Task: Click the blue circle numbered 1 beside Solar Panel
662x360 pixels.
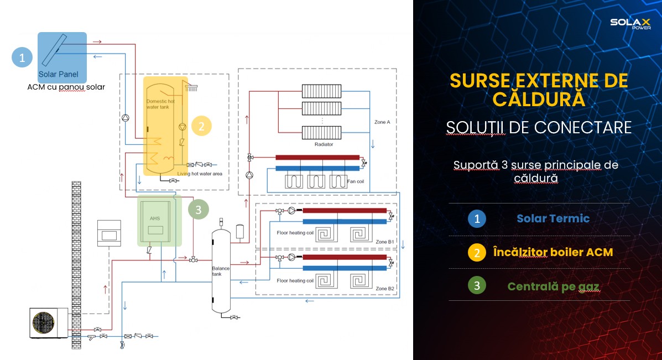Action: [x=22, y=57]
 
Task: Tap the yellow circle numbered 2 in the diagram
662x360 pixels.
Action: [x=201, y=126]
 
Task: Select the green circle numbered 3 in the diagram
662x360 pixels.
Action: [x=199, y=210]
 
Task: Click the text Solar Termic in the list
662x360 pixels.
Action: [x=553, y=218]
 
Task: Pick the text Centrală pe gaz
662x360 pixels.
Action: [x=553, y=286]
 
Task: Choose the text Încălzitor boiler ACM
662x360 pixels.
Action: [x=553, y=252]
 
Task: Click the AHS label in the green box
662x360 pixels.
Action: [x=154, y=218]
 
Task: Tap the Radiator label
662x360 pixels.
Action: [x=324, y=144]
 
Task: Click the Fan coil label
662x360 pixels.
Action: [x=356, y=181]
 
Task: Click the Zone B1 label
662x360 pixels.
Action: [x=384, y=242]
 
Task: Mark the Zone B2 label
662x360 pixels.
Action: [x=384, y=289]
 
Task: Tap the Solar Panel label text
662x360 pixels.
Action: [x=58, y=74]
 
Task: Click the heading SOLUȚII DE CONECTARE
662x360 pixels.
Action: [x=539, y=127]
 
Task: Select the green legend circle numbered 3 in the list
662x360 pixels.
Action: [x=477, y=286]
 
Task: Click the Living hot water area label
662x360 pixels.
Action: [x=200, y=174]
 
